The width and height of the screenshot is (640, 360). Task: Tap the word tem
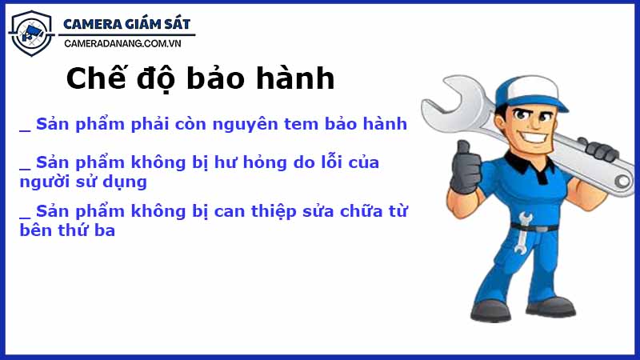coord(321,124)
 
